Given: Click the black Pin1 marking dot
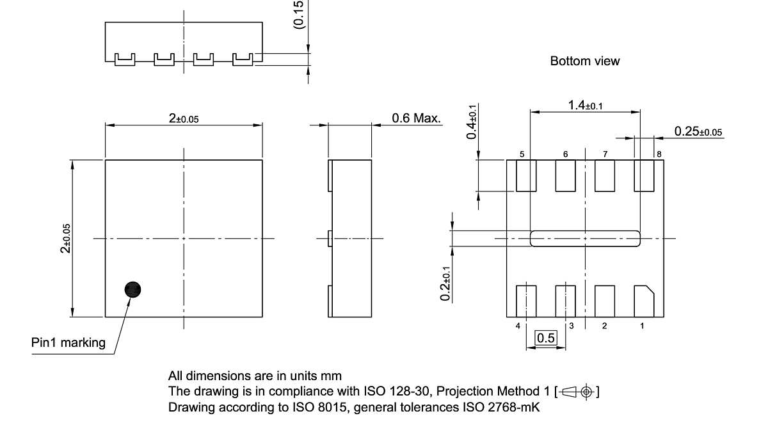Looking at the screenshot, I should pos(132,290).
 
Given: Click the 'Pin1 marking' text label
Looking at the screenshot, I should pos(68,343).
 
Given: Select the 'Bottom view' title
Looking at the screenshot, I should pos(584,61).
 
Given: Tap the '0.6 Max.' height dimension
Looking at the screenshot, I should pos(416,118).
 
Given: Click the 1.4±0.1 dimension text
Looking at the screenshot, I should pos(584,105).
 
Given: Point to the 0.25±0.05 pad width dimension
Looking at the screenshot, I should pos(698,131).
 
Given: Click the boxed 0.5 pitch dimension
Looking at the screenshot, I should pos(546,338).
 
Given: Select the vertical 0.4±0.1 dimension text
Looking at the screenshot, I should pos(472,122).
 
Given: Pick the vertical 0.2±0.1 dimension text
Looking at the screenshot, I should pos(447,285).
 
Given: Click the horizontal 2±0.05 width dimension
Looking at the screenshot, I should pos(184,118).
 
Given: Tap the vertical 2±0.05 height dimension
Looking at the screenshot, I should pos(65,238).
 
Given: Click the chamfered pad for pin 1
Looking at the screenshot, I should pos(643,300).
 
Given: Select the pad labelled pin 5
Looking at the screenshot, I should pos(526,175).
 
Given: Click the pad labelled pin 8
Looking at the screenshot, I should pos(644,175).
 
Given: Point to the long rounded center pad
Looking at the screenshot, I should pos(585,239).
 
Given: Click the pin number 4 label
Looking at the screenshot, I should pos(518,326).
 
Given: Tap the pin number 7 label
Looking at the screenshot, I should pos(605,154).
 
